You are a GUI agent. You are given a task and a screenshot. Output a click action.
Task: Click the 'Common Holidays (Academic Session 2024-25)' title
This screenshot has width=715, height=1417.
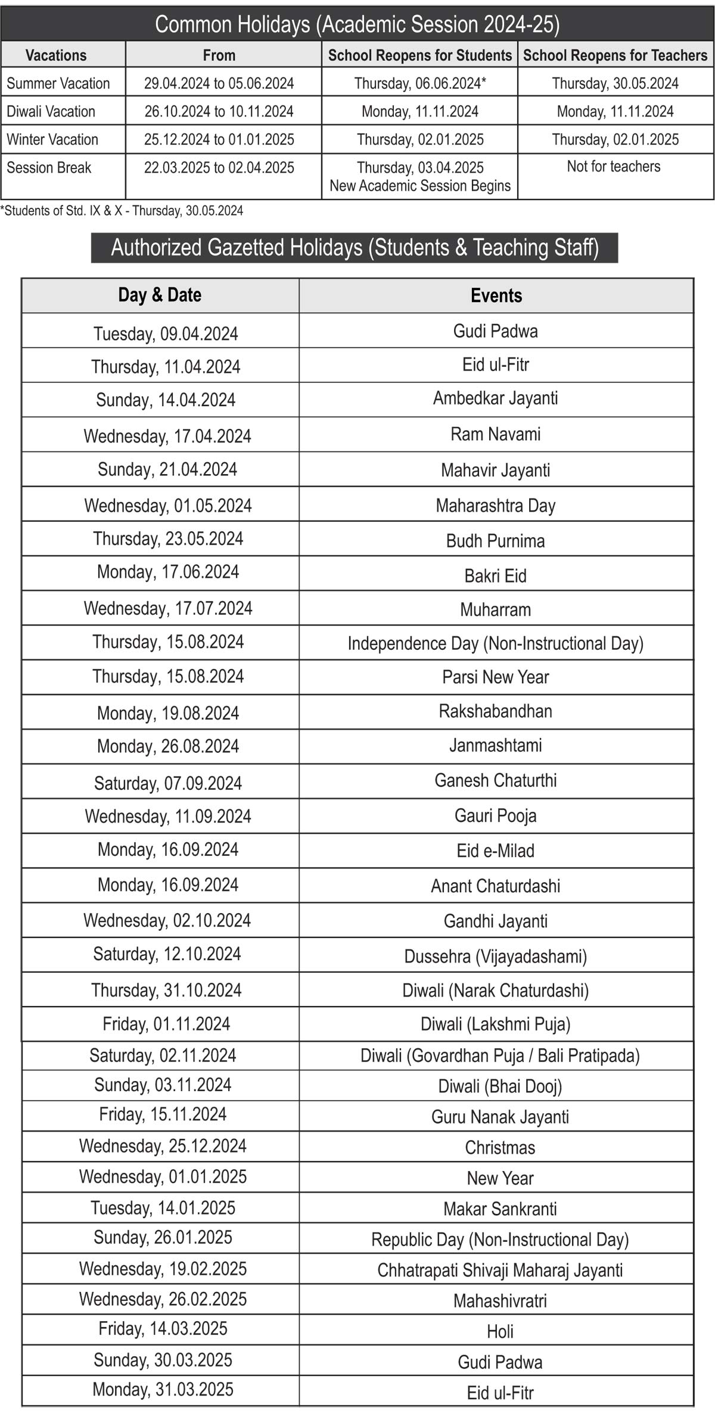357,24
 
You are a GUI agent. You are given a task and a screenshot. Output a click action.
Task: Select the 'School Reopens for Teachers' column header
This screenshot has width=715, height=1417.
615,55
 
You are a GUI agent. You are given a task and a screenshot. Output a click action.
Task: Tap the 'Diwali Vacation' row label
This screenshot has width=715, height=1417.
51,111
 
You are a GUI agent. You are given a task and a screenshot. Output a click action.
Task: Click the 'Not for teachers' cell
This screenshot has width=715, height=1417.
614,166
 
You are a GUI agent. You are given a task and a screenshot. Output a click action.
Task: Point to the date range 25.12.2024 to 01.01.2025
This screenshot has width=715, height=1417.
219,139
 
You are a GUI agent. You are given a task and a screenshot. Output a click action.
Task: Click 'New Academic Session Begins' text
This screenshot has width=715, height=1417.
420,186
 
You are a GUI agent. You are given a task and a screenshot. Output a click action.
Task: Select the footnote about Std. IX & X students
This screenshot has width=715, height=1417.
122,211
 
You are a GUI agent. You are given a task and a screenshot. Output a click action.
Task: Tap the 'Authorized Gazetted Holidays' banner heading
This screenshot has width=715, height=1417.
355,247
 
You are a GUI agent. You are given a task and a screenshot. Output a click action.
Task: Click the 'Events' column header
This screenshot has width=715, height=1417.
496,295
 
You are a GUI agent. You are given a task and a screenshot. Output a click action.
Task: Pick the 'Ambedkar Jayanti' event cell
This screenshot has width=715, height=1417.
496,398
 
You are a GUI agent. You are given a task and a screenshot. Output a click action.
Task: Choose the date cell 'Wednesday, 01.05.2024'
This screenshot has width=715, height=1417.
168,506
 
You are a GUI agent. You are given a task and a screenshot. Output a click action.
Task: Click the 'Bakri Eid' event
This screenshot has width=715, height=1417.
496,575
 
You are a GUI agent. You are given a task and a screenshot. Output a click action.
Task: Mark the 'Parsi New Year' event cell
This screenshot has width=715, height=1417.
496,677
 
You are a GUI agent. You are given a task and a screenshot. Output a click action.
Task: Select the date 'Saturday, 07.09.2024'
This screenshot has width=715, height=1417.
168,783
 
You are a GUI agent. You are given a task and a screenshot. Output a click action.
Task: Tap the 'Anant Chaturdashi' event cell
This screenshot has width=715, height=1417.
496,886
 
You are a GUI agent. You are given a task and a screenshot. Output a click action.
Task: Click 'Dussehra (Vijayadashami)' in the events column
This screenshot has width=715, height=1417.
496,956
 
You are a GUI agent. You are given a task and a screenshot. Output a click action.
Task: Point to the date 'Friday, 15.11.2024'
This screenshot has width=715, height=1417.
163,1114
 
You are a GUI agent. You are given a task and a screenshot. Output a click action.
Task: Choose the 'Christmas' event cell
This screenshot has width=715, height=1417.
500,1147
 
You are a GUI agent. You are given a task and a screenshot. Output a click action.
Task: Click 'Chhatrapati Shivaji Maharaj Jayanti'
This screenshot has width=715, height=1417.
500,1269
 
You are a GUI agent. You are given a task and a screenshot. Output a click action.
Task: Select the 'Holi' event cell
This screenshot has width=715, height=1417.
500,1331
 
